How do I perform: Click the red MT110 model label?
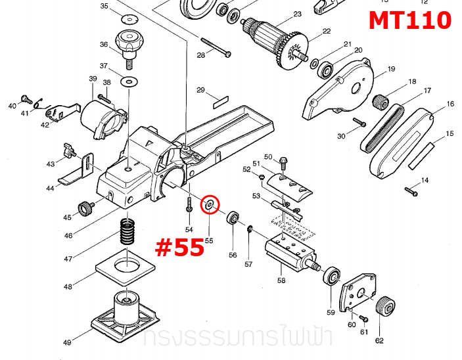(x=409, y=20)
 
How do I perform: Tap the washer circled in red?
(x=210, y=205)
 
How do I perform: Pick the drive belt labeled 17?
(x=384, y=126)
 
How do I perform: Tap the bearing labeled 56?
(x=233, y=219)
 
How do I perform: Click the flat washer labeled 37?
(x=129, y=82)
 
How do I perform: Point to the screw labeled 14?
(x=411, y=191)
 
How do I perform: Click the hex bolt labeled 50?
(x=283, y=160)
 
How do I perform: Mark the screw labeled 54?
(x=189, y=204)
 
